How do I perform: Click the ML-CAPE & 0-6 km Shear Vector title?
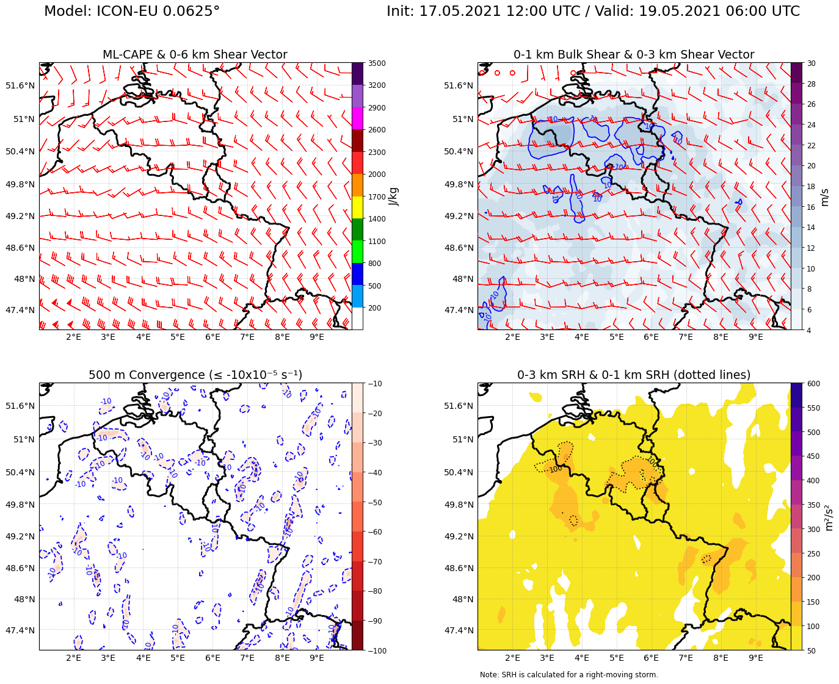pyautogui.click(x=195, y=55)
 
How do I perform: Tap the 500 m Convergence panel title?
pyautogui.click(x=195, y=375)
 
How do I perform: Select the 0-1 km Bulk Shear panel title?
pyautogui.click(x=634, y=55)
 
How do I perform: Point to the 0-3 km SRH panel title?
pyautogui.click(x=634, y=375)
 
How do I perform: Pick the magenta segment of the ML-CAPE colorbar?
pyautogui.click(x=357, y=118)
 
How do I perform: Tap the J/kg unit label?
pyautogui.click(x=394, y=196)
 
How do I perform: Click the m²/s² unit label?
pyautogui.click(x=829, y=517)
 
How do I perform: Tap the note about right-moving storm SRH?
pyautogui.click(x=568, y=675)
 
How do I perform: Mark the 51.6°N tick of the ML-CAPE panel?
pyautogui.click(x=20, y=85)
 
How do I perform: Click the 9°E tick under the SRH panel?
pyautogui.click(x=756, y=658)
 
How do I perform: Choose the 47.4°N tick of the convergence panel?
pyautogui.click(x=20, y=630)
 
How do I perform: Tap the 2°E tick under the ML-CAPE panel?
pyautogui.click(x=73, y=338)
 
